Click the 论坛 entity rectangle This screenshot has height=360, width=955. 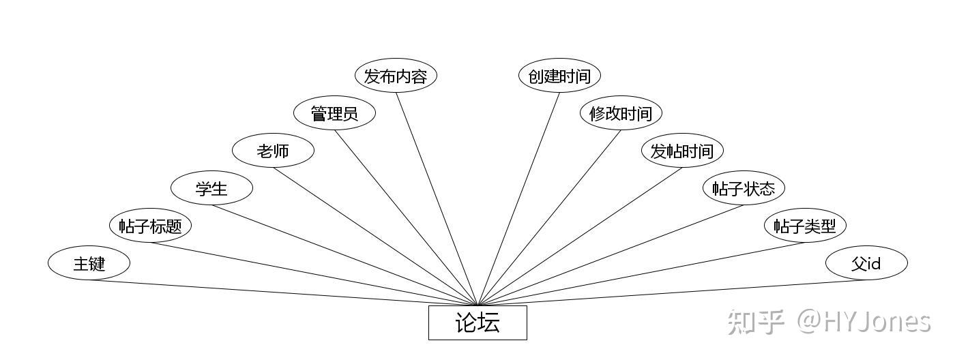pyautogui.click(x=477, y=322)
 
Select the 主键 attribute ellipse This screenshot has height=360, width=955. pyautogui.click(x=89, y=263)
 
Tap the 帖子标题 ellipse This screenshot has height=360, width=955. pyautogui.click(x=150, y=226)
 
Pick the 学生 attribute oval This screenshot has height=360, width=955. pyautogui.click(x=211, y=188)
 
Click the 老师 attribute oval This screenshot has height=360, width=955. pyautogui.click(x=273, y=151)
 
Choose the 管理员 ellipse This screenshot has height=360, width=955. pyautogui.click(x=334, y=113)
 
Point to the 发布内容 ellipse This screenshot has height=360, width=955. pyautogui.click(x=396, y=76)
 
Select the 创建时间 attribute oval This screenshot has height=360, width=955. pyautogui.click(x=559, y=76)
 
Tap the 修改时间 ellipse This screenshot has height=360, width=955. pyautogui.click(x=621, y=113)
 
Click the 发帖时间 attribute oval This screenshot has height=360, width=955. pyautogui.click(x=682, y=151)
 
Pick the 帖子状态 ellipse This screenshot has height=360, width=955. pyautogui.click(x=744, y=188)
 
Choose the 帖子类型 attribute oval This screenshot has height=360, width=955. pyautogui.click(x=805, y=226)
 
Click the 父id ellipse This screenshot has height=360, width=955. pyautogui.click(x=866, y=263)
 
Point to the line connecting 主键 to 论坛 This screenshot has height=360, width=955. pyautogui.click(x=283, y=293)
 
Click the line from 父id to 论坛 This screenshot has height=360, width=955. pyautogui.click(x=672, y=293)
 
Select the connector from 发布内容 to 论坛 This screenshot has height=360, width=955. pyautogui.click(x=437, y=198)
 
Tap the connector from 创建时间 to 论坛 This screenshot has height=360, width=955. pyautogui.click(x=518, y=198)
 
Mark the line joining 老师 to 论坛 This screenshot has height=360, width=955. pyautogui.click(x=375, y=236)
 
